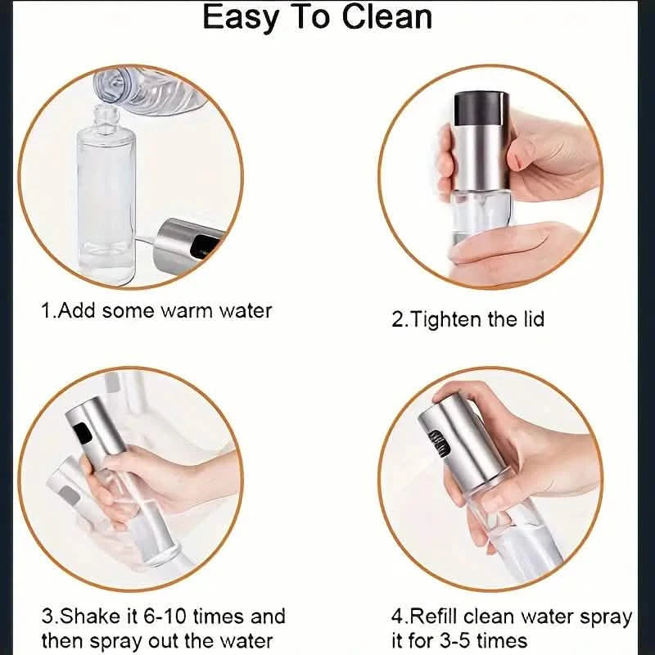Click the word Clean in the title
(378, 18)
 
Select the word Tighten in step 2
(447, 318)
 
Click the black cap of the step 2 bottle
(481, 105)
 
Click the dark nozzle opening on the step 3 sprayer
(80, 431)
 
